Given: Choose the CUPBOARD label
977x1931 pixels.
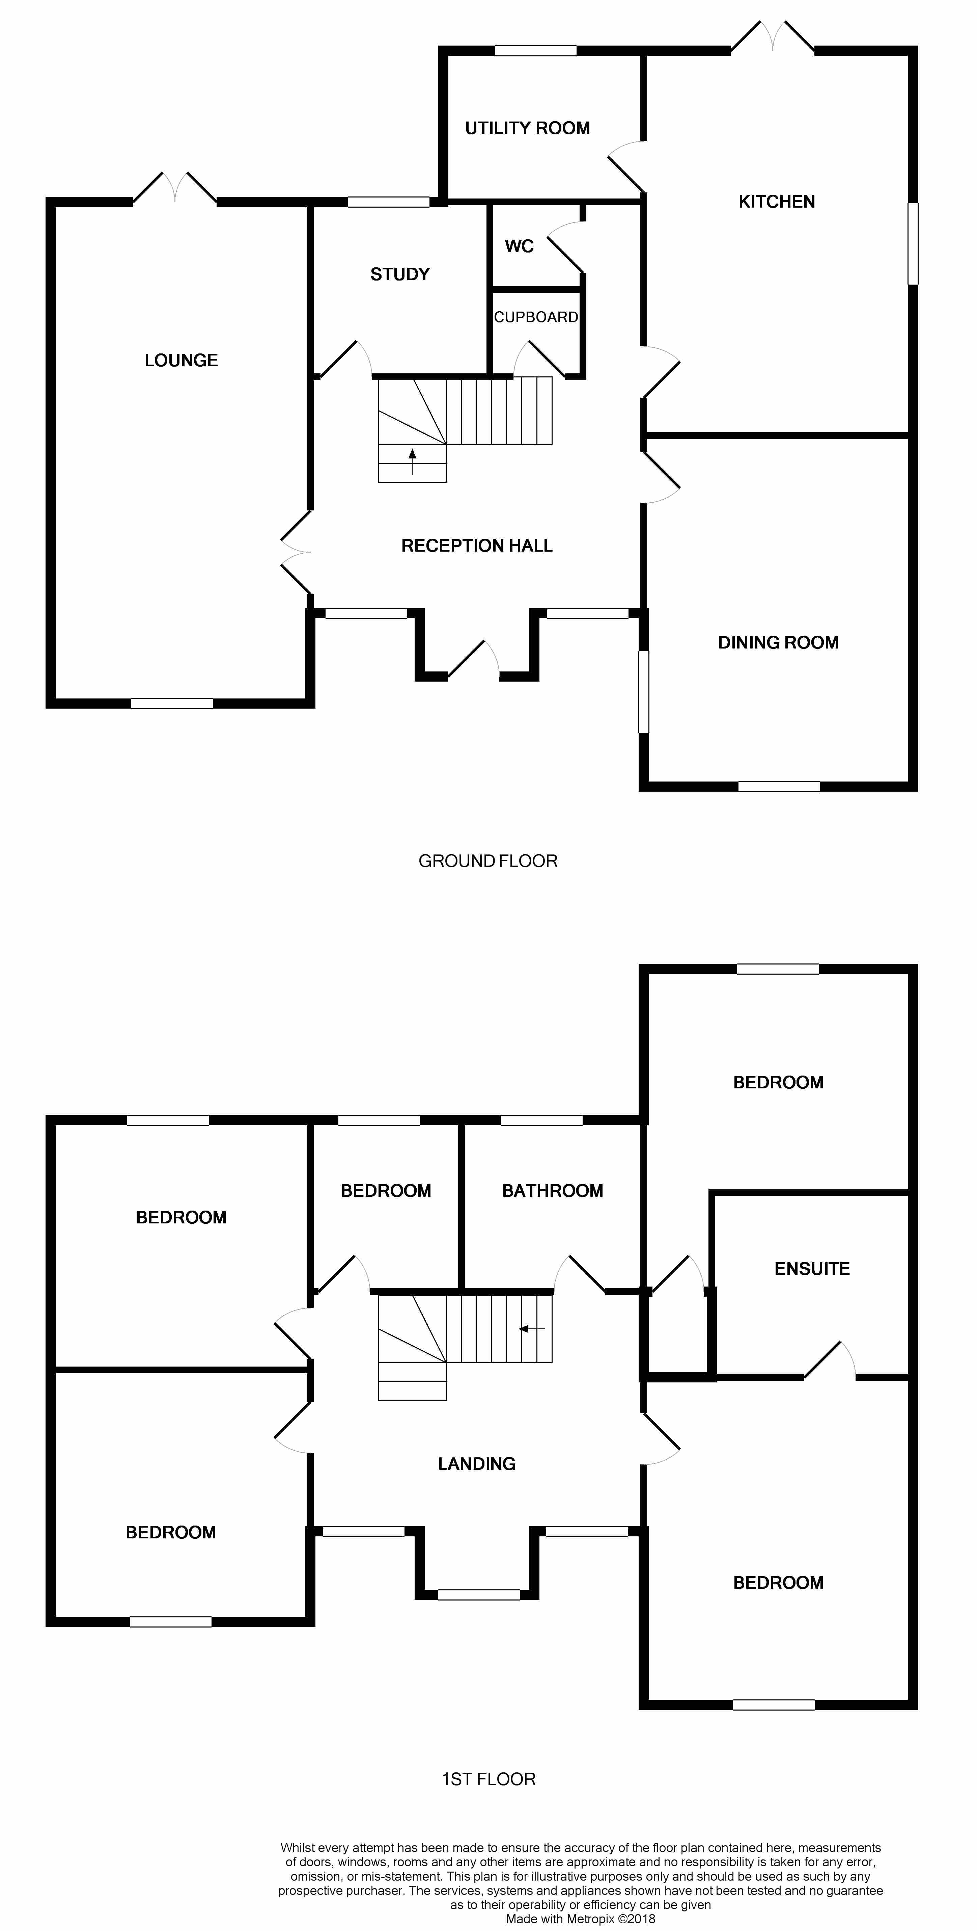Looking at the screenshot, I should tap(536, 317).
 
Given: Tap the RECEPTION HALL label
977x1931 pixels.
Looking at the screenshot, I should tap(476, 546).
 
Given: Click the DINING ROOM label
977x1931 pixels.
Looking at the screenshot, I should tap(778, 642).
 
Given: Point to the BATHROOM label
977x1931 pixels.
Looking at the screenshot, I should tap(552, 1190).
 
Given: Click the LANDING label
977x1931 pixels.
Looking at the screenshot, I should tap(476, 1463).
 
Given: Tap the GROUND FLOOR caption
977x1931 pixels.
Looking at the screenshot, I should tap(488, 861).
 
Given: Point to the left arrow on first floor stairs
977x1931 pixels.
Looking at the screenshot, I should tap(532, 1329).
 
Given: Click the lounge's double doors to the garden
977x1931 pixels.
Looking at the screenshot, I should tap(174, 187).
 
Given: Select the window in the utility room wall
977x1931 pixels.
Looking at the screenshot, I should tap(535, 51).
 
